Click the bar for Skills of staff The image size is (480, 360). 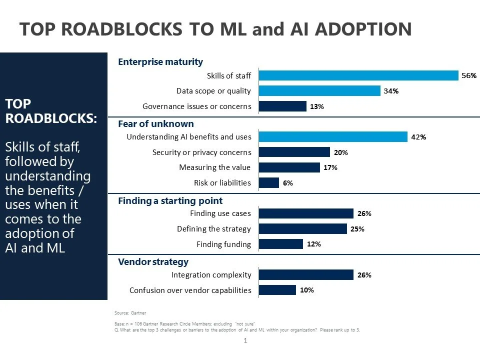point(358,75)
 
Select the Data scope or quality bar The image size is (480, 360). point(319,91)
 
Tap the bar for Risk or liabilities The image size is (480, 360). point(269,183)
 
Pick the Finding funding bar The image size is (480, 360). point(281,244)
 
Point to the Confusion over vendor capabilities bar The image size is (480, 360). point(277,290)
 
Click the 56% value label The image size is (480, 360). point(469,75)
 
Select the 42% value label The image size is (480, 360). point(418,137)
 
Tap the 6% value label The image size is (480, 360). point(287,183)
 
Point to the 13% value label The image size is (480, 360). point(317,106)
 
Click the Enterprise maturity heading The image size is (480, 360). point(160,62)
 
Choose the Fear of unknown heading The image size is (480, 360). point(155,123)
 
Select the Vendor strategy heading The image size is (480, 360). point(153,261)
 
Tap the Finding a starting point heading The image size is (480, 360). point(170,200)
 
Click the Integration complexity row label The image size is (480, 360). point(211,275)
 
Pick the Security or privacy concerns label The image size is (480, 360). point(201,152)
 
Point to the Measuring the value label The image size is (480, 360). point(214,167)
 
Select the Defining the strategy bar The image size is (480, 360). point(303,229)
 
